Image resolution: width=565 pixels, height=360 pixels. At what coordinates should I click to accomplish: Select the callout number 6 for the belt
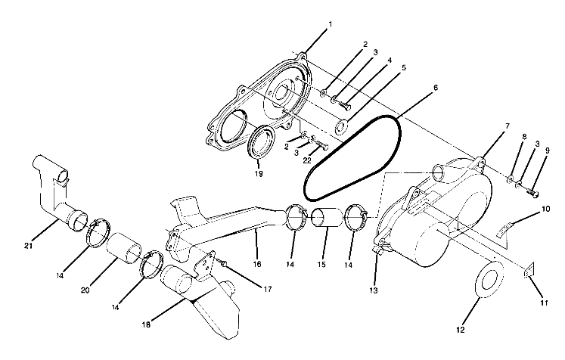click(x=435, y=88)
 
